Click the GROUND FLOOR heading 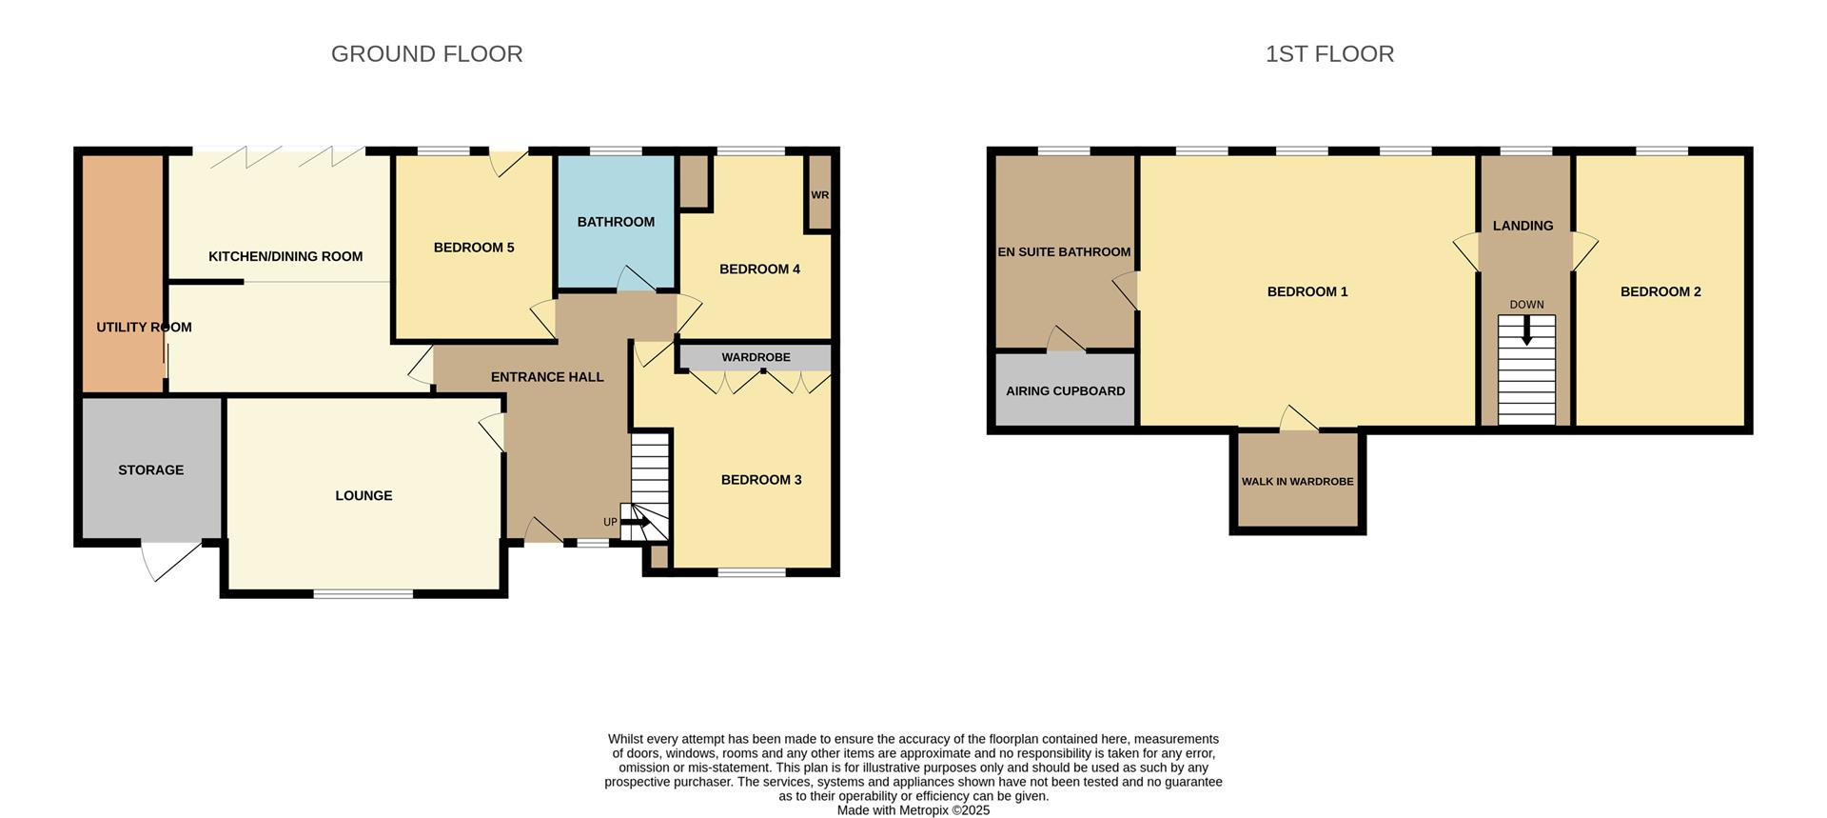(x=426, y=54)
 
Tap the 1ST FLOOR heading (x=1329, y=54)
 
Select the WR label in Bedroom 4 (x=819, y=195)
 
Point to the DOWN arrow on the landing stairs (x=1526, y=331)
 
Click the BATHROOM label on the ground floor (x=616, y=222)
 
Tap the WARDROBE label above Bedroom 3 (x=756, y=357)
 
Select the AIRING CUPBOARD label (x=1065, y=391)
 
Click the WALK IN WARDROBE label (x=1297, y=482)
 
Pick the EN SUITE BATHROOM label (x=1064, y=252)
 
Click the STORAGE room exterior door (x=171, y=560)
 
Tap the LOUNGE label (x=363, y=496)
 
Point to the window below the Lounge (x=363, y=594)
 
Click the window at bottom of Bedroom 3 (x=752, y=572)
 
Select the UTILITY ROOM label (x=144, y=328)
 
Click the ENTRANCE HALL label (x=547, y=377)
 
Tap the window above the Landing (x=1525, y=150)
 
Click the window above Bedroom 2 (x=1661, y=150)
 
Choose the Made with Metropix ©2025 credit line (x=913, y=810)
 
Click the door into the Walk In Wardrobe (x=1298, y=420)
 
